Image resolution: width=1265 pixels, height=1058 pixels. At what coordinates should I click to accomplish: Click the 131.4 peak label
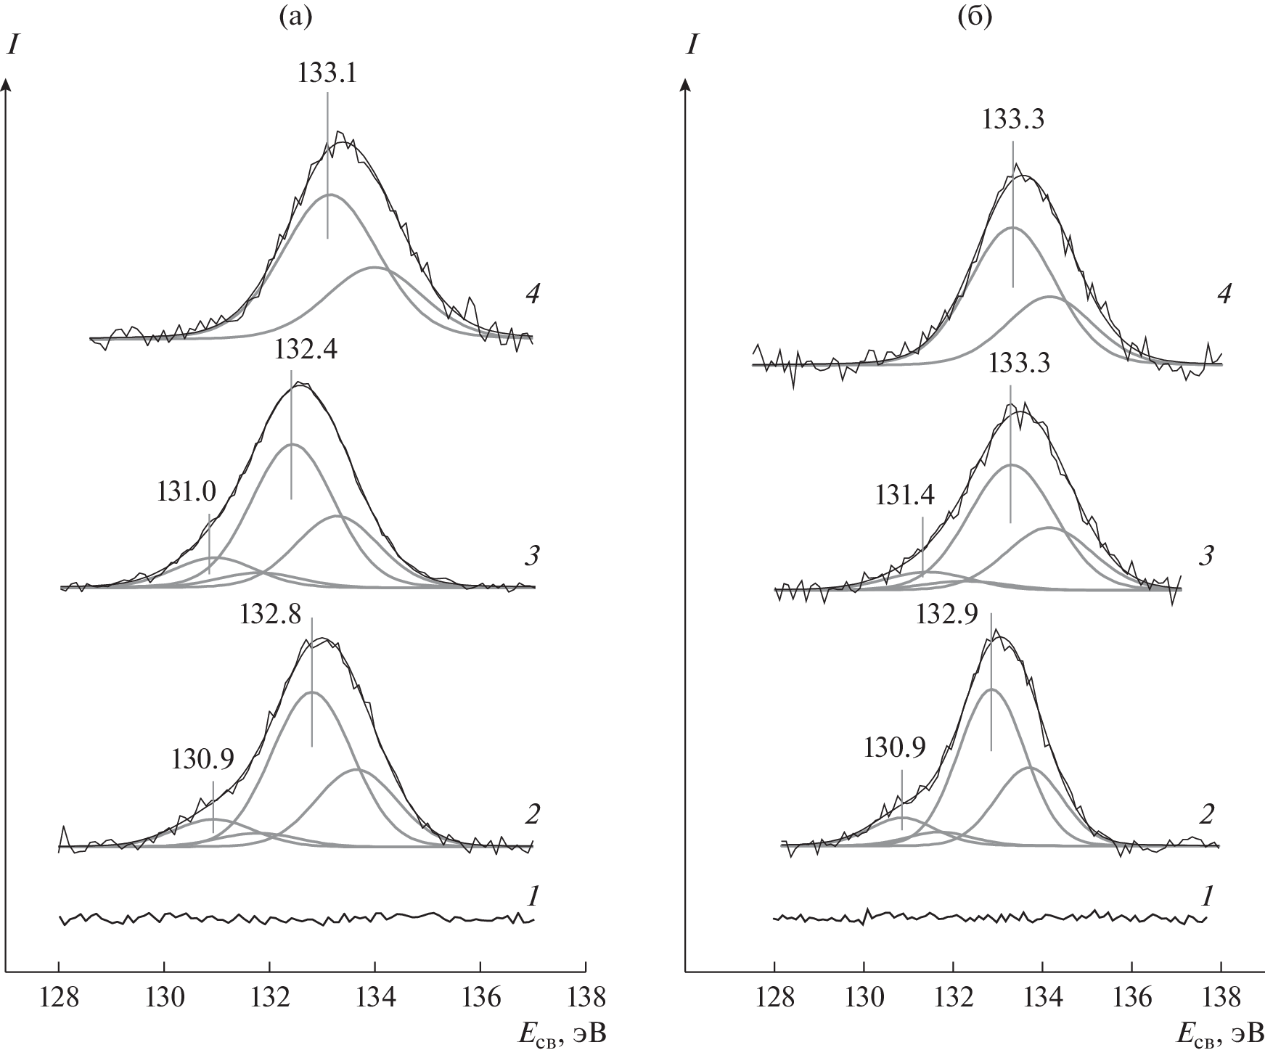pos(905,496)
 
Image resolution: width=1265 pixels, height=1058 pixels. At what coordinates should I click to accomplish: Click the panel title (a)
pos(295,17)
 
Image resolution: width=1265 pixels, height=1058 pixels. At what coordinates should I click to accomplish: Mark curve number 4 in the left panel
pos(533,296)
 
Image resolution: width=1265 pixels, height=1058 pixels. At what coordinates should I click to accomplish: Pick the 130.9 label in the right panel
pos(895,747)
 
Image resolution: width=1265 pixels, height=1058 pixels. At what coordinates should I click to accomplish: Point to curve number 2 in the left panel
pos(532,815)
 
